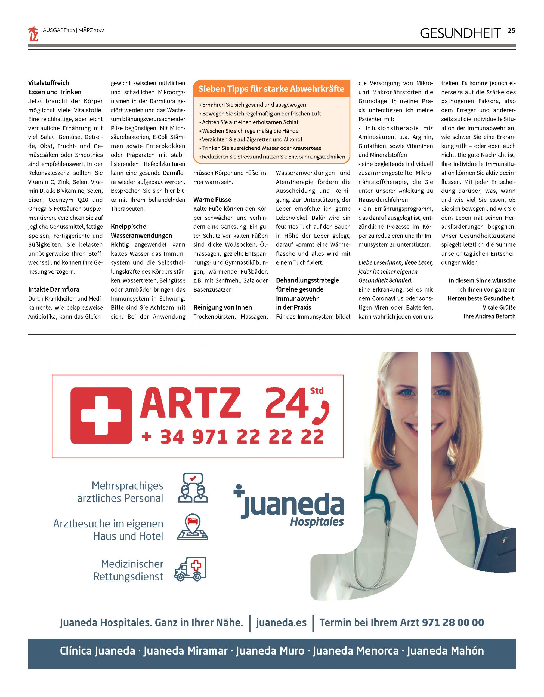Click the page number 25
[x=511, y=31]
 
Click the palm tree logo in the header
[x=33, y=34]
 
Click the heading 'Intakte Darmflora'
[x=54, y=289]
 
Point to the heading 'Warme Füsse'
[x=212, y=200]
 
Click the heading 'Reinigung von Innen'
[x=222, y=307]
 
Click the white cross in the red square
[x=101, y=415]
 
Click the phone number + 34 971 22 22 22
[x=233, y=437]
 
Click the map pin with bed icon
[x=192, y=527]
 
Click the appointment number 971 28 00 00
[x=453, y=623]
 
